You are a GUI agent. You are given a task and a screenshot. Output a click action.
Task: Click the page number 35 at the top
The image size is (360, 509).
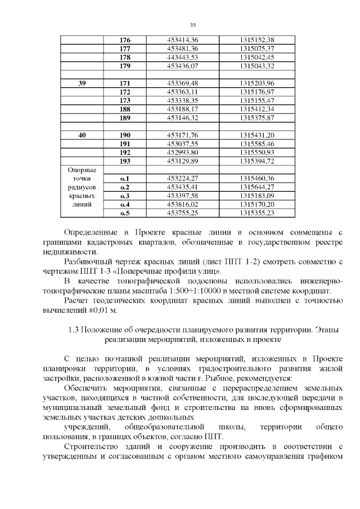192,25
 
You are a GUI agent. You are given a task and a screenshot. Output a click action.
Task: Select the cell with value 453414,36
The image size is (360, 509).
183,40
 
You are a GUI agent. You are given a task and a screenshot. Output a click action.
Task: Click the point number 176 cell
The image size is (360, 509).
125,40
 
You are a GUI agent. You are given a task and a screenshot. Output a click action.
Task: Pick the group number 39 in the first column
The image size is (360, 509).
82,83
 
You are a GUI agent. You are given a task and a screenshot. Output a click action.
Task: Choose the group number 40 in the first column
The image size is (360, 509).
82,135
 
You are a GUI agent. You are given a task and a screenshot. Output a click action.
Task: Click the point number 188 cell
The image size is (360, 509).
125,109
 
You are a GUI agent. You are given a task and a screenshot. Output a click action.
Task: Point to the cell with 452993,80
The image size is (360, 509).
183,152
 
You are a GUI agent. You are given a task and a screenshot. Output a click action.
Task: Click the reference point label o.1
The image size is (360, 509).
125,178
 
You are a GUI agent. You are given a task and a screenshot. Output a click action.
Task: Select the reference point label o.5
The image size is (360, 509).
125,213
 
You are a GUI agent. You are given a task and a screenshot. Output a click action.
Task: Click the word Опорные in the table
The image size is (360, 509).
82,170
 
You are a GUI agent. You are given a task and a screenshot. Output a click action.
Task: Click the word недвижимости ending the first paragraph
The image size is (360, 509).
66,252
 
